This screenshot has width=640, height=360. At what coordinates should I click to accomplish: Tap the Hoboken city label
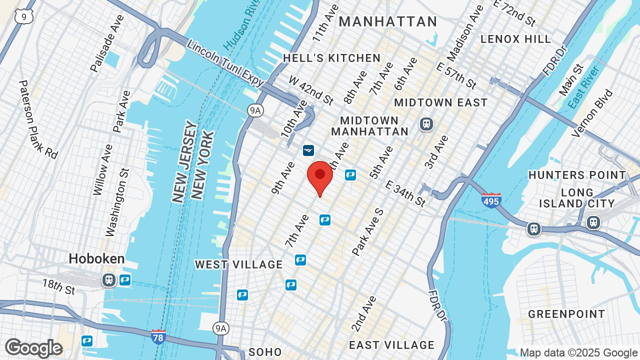click(x=96, y=258)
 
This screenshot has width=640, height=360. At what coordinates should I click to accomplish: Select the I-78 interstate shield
click(x=158, y=336)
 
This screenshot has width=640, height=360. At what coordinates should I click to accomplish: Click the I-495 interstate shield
click(x=491, y=200)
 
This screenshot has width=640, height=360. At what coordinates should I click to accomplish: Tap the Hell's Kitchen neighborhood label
click(x=332, y=58)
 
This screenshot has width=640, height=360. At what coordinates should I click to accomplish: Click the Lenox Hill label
click(x=516, y=39)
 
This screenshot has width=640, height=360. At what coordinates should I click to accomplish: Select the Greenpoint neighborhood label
click(x=566, y=314)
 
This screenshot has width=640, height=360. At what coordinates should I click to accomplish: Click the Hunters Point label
click(x=577, y=175)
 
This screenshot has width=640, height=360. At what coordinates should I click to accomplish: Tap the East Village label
click(x=392, y=345)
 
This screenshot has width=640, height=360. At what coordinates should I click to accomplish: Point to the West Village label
click(x=239, y=264)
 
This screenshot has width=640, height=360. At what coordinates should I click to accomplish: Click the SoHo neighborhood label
click(x=265, y=352)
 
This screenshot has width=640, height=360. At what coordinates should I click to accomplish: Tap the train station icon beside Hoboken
click(x=108, y=280)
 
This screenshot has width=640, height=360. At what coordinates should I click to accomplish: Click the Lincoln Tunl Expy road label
click(x=225, y=64)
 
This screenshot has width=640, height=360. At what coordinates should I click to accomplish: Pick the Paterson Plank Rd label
click(x=38, y=119)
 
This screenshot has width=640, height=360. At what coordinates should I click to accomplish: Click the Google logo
click(x=33, y=348)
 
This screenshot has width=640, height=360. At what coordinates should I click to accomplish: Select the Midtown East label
click(x=441, y=102)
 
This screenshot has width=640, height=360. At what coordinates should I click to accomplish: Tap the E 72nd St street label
click(x=514, y=12)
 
